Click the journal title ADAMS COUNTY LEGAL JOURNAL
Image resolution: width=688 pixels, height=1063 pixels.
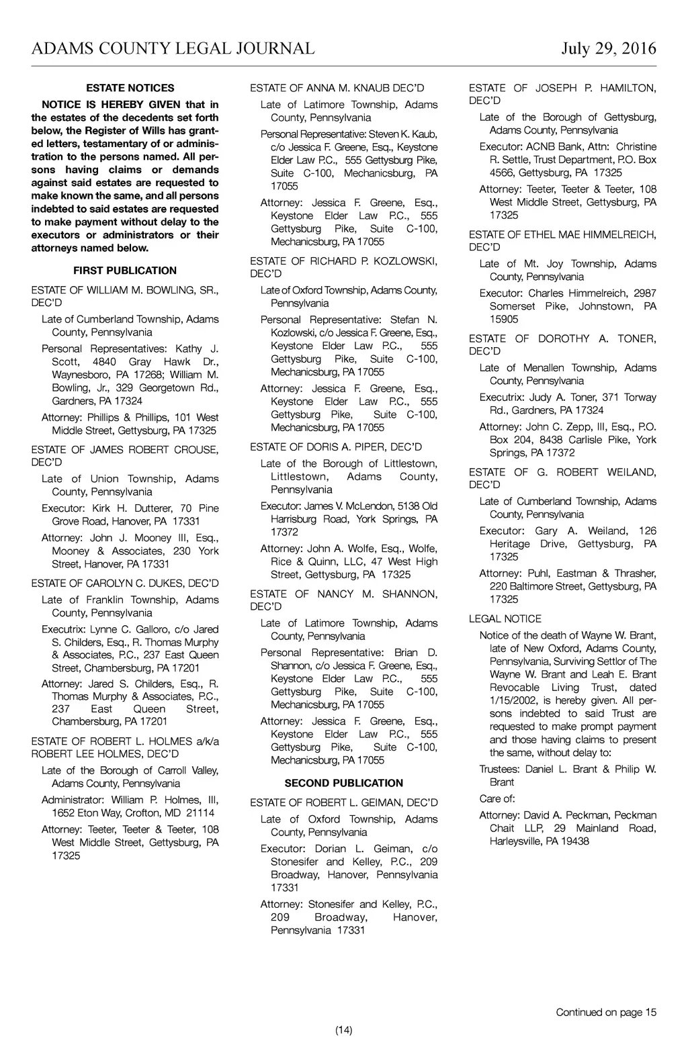point(173,49)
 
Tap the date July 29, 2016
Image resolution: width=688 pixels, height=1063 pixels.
point(609,49)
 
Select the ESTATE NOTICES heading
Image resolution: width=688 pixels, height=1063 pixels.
point(130,88)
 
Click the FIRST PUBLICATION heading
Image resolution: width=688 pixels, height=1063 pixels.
point(125,271)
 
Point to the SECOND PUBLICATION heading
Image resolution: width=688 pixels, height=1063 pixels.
point(343,783)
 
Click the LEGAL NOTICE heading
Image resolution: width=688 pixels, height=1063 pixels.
point(505,618)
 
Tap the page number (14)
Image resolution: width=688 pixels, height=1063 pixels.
point(343,1030)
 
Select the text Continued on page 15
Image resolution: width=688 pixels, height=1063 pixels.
point(605,1012)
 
